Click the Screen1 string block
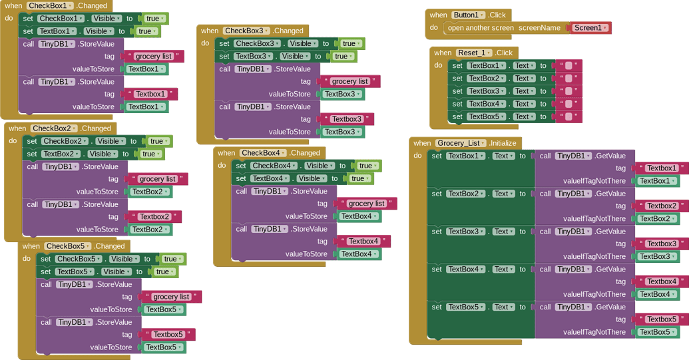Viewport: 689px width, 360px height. click(x=590, y=28)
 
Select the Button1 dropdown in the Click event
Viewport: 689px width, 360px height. click(x=469, y=15)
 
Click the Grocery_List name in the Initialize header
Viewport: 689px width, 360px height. click(x=459, y=143)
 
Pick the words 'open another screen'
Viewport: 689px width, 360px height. click(x=481, y=28)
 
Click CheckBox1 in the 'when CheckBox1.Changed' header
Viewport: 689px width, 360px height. click(x=50, y=5)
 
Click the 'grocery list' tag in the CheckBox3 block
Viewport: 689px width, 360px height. click(x=349, y=81)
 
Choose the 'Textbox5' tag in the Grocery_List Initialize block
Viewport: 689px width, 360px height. click(x=661, y=319)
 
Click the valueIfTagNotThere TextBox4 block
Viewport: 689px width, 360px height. click(x=657, y=294)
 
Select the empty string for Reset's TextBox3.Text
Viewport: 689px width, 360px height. click(x=568, y=91)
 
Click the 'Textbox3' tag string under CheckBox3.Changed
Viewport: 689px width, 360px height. click(x=346, y=119)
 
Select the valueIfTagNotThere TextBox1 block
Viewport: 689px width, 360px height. click(x=657, y=181)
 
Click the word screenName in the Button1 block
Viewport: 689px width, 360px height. click(x=539, y=28)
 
